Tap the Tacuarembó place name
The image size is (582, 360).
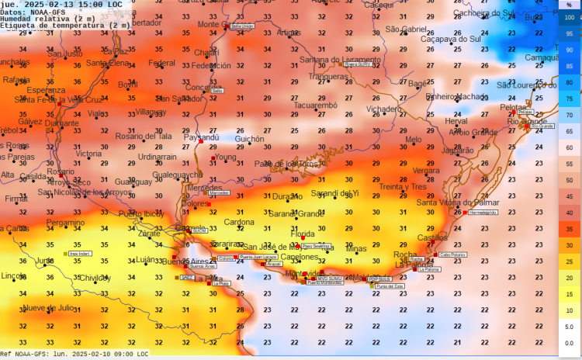(316, 105)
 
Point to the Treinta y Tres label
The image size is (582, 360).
(403, 187)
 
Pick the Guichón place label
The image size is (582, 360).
(249, 139)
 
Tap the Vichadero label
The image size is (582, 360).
(384, 109)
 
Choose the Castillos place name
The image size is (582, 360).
(432, 237)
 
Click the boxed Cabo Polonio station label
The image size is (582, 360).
(453, 254)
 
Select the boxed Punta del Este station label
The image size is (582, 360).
(390, 286)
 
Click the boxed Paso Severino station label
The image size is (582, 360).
(316, 246)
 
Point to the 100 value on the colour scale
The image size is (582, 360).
(570, 16)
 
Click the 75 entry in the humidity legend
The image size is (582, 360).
(570, 99)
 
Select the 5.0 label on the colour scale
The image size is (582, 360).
(569, 327)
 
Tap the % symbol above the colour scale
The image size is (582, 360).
(569, 5)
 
